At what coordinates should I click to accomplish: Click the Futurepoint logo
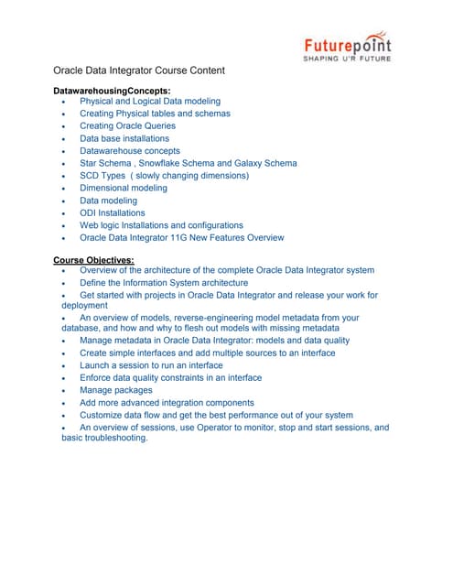(347, 45)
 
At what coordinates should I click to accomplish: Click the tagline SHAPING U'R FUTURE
(347, 59)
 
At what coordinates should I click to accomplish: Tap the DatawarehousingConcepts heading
(113, 90)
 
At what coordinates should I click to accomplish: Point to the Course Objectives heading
(93, 260)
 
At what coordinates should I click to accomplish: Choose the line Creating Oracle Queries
(127, 126)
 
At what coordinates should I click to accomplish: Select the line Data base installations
(124, 138)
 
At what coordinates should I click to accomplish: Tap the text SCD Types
(104, 176)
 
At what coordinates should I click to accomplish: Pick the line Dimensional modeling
(124, 188)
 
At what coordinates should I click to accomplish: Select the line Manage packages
(116, 390)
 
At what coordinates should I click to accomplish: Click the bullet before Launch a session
(62, 365)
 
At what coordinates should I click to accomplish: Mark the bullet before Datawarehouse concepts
(62, 151)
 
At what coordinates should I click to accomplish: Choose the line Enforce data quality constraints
(170, 377)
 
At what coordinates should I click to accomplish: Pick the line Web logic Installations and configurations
(161, 224)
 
